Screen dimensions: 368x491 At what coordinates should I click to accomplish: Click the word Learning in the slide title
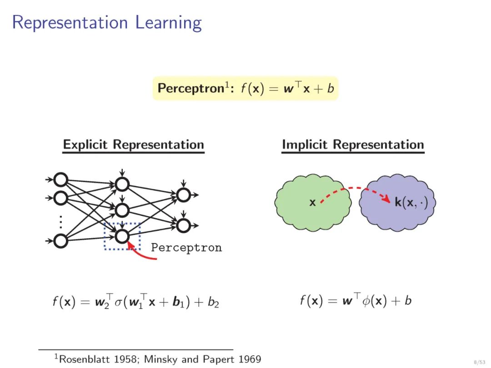(168, 23)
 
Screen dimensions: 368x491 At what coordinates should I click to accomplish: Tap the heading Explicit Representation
(133, 145)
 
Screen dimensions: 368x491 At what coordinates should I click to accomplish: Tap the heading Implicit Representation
(353, 145)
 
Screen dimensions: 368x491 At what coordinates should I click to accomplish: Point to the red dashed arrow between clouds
(355, 189)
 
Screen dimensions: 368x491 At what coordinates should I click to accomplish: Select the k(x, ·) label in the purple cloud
(411, 203)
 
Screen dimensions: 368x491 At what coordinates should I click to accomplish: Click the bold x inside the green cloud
(312, 203)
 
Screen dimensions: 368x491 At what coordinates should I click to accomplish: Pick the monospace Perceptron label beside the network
(186, 248)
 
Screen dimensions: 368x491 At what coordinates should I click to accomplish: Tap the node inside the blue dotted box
(122, 236)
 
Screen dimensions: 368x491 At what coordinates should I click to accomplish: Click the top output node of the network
(183, 195)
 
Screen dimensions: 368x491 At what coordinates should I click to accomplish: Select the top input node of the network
(60, 180)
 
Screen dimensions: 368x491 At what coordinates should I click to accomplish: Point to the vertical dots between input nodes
(60, 222)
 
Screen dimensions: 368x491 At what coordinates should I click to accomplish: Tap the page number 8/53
(478, 362)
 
